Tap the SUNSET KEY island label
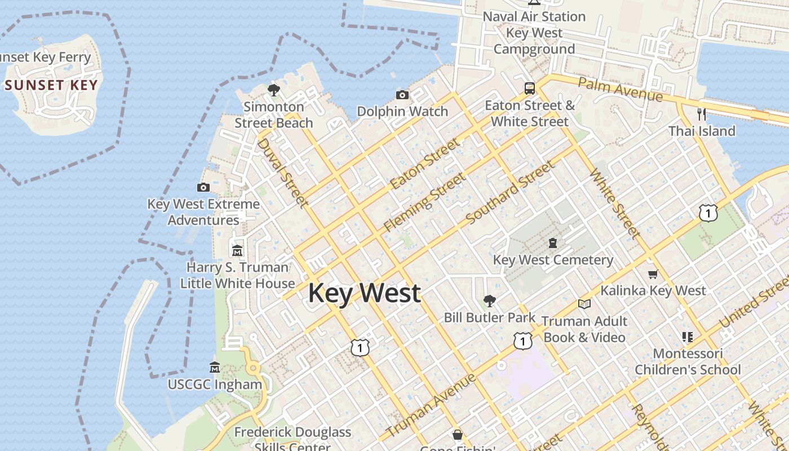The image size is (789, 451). point(51,86)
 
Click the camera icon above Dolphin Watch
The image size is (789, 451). point(402,95)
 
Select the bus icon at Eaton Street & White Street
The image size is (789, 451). point(529,89)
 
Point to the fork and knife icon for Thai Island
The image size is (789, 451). point(701,114)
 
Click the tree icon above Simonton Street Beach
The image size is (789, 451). point(274,90)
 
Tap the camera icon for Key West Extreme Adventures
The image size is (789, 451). point(203,187)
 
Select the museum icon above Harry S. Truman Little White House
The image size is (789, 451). point(237,250)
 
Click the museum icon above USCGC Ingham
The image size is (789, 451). point(215,368)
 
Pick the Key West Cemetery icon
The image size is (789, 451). point(553,243)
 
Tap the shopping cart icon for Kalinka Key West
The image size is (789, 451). point(653,274)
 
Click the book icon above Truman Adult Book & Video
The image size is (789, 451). point(584,304)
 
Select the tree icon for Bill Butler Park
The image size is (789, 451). point(489,301)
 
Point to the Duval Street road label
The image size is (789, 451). point(282,172)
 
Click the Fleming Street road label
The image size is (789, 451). point(425,202)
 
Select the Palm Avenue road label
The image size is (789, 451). point(620,90)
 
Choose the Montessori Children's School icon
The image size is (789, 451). point(687,337)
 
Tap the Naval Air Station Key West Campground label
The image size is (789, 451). point(534,33)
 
